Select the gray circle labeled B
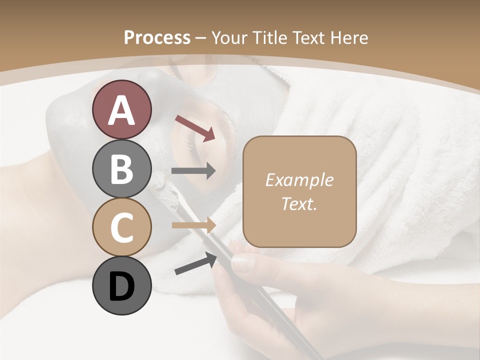coord(121,168)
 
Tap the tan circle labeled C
coord(121,227)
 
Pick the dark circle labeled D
coord(121,285)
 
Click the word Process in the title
coord(157,37)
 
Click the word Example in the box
coord(299,180)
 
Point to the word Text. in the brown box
coord(299,204)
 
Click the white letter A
coord(121,110)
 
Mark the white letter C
coord(121,228)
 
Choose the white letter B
coord(121,169)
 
